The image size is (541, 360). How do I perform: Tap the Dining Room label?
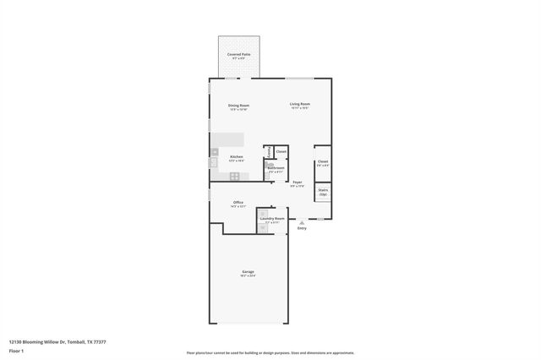point(238,106)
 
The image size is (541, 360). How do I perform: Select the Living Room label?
point(299,105)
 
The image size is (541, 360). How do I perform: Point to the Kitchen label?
point(237,157)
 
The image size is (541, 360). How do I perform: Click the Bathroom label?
point(276,168)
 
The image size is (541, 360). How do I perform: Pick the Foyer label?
point(297,183)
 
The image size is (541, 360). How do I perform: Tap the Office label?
point(238,203)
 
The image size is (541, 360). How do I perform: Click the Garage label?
point(248,272)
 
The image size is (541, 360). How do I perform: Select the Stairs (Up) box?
point(323,192)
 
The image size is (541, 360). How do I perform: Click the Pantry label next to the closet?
point(270,152)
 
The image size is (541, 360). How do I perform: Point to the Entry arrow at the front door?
point(302,222)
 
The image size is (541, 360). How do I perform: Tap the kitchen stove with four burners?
point(234,176)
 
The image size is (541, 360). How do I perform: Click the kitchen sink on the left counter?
point(214,161)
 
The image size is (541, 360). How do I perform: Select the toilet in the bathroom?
point(270,166)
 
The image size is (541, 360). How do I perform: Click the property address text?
point(57,342)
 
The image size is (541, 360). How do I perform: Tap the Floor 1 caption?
point(17,352)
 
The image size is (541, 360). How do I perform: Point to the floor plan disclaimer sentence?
point(270,352)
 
